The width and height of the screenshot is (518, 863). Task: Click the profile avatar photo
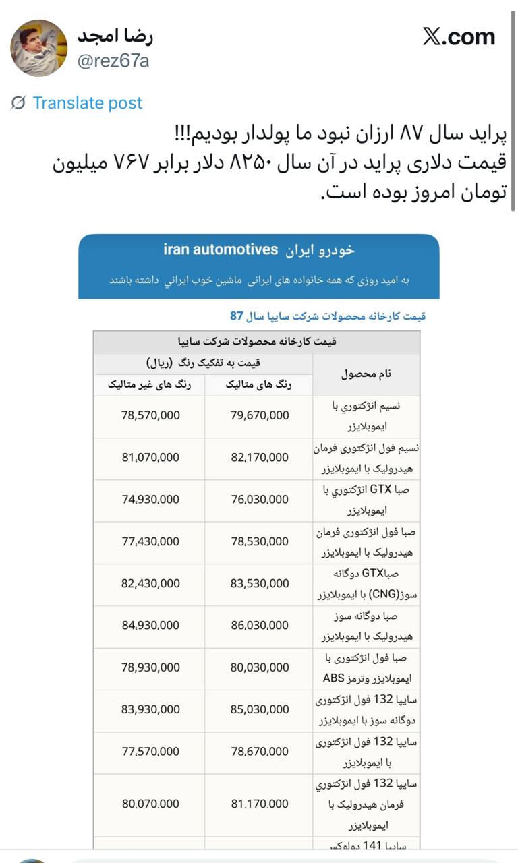coord(38,48)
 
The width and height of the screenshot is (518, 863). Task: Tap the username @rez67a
coord(113,61)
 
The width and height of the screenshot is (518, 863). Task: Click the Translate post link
coord(88,103)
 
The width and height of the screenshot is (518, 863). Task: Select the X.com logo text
coord(459,36)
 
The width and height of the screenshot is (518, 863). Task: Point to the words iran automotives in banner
coord(221,249)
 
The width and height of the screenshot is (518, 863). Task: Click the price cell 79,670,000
coord(260,416)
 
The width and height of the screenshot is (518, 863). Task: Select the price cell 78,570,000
coord(150,416)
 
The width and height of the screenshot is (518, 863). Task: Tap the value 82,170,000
coord(260,458)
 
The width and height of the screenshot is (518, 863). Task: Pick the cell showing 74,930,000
coord(150,500)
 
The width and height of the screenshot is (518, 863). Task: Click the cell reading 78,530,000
coord(260,541)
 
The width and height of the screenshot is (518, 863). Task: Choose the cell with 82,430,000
coord(150,583)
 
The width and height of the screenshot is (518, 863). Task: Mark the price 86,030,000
coord(260,626)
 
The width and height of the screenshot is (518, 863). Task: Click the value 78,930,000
coord(150,667)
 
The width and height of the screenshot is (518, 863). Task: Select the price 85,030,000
coord(260,709)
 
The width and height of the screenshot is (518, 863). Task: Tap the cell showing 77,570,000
coord(150,751)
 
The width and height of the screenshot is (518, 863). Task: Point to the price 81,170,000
coord(260,804)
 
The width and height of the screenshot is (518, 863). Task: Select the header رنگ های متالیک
coord(259,385)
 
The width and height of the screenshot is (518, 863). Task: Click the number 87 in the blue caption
coord(236,316)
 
